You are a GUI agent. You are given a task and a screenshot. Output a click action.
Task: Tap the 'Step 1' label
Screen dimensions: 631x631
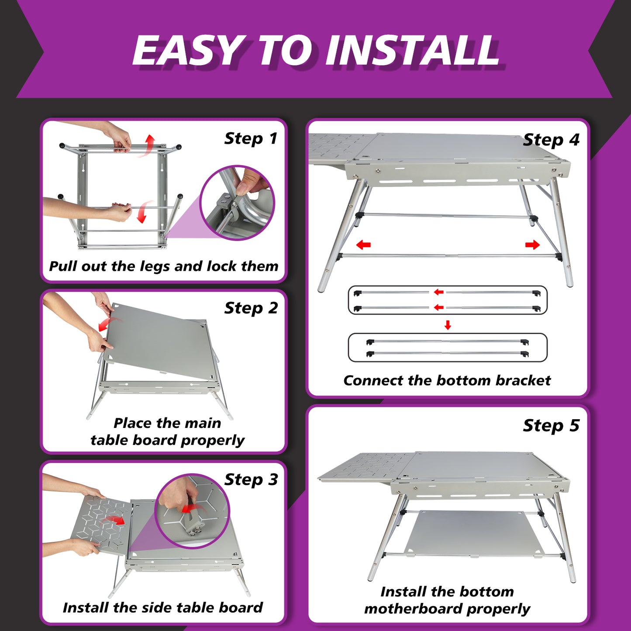point(251,138)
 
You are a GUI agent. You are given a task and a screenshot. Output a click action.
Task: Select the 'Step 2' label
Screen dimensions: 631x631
point(251,308)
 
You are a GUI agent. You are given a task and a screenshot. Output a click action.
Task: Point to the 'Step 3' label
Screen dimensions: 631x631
point(251,480)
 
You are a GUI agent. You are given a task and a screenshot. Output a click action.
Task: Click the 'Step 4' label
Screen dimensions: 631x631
point(551,140)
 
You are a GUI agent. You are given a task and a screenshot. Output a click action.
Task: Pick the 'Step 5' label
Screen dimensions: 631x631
point(551,425)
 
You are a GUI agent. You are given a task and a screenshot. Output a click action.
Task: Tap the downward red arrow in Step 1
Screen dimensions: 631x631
point(143,212)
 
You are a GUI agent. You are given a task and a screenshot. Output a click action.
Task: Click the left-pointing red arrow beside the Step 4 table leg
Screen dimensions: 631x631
point(363,245)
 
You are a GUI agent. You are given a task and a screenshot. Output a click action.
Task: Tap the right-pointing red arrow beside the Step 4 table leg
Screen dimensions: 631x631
point(532,245)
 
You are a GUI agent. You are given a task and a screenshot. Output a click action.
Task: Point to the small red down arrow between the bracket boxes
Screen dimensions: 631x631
point(448,325)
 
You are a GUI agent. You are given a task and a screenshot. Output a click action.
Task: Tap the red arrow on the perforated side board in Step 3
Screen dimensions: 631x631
point(113,521)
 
